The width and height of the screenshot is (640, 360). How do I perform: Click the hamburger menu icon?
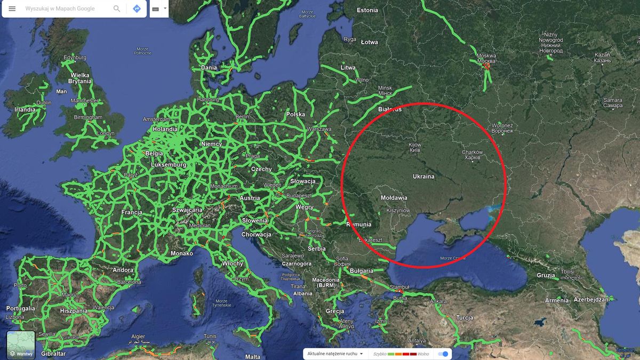point(12,9)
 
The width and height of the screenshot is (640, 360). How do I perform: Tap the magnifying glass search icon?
point(117,9)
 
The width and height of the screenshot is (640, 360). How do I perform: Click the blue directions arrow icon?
point(137,9)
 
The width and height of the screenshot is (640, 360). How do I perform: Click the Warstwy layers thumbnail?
point(21,345)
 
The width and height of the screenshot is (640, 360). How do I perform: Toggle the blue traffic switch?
point(443,354)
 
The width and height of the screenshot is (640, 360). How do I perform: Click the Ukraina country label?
point(423,176)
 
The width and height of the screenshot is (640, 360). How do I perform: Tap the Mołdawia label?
point(394,198)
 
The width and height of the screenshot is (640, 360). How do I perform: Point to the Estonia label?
point(367,10)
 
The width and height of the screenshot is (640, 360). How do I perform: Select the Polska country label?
point(295,114)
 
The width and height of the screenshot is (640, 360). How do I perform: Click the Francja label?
point(132,212)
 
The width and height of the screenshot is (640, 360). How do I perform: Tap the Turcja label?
point(464,318)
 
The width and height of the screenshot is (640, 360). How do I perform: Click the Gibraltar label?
point(53,354)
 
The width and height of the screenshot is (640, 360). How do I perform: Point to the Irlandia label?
point(25,109)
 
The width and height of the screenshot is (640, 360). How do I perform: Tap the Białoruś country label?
point(389,109)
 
